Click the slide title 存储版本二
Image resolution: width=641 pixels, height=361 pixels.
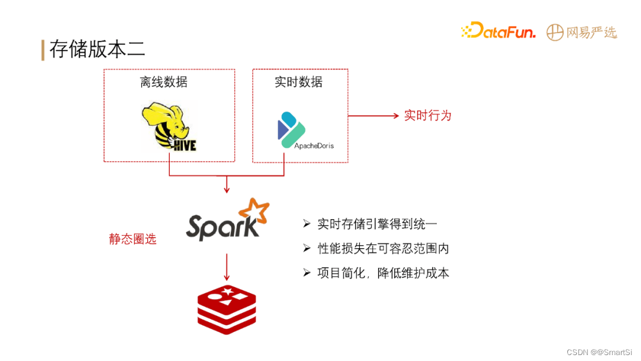(97, 49)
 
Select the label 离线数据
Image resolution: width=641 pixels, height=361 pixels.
(164, 82)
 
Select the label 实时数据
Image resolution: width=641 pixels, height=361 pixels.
(299, 82)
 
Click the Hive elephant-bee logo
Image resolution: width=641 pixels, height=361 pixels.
(169, 126)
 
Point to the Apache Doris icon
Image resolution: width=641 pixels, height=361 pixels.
(291, 126)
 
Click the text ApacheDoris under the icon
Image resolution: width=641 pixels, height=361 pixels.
(314, 145)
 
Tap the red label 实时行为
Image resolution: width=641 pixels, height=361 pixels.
(427, 115)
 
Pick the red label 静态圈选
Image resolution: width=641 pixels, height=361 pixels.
(133, 239)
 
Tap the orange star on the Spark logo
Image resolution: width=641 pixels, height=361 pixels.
(254, 210)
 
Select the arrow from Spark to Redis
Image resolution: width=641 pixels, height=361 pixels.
(226, 267)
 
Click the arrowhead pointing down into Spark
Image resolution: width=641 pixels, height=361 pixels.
(226, 189)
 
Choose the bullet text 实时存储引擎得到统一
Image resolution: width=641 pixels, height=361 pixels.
(377, 224)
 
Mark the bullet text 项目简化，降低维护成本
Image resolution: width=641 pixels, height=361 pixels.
(383, 273)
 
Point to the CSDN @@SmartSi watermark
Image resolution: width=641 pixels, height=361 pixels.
(599, 352)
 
